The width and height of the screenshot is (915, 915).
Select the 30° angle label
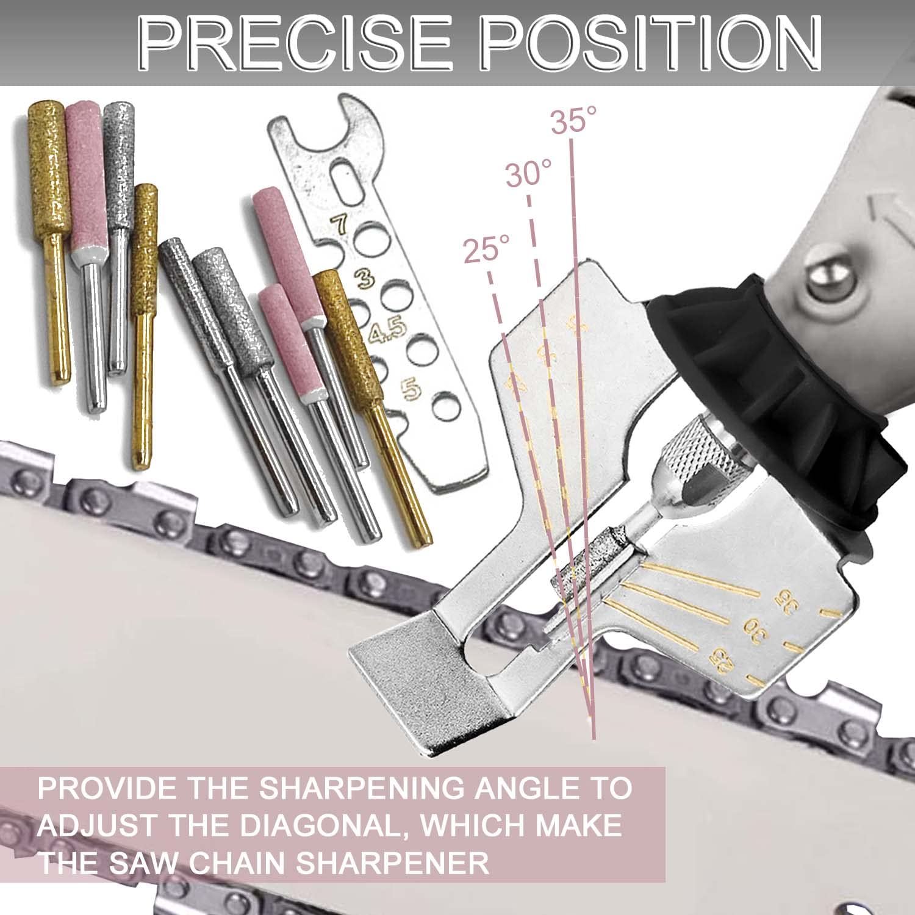528,176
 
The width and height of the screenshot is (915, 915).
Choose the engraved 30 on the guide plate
752,630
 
